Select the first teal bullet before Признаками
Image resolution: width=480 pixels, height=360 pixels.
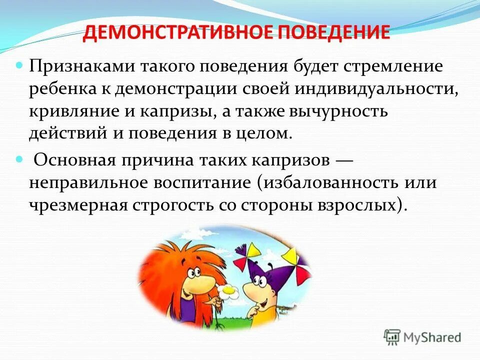coord(20,65)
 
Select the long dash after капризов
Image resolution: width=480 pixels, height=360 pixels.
coord(344,160)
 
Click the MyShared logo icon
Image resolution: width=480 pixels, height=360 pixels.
coord(392,337)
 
